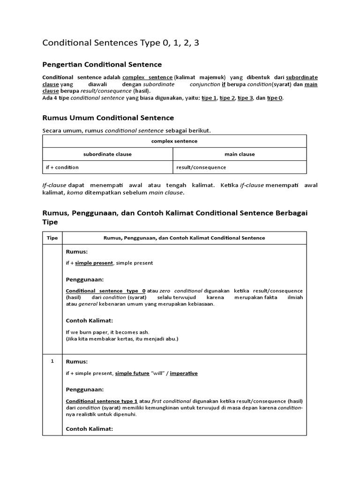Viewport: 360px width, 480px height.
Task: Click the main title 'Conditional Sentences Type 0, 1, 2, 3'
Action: click(124, 43)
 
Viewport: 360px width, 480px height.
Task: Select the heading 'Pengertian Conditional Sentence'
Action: click(102, 64)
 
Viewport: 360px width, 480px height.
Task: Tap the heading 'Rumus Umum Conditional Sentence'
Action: click(108, 118)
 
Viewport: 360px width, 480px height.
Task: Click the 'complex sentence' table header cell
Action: click(174, 141)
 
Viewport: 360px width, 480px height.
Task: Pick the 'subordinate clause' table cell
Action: click(107, 154)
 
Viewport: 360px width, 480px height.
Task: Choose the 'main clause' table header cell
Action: click(240, 154)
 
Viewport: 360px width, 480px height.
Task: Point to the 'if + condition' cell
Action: click(62, 167)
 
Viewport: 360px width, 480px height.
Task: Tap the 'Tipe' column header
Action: click(52, 238)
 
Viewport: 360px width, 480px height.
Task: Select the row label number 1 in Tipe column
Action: click(52, 361)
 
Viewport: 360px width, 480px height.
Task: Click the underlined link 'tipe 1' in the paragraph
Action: click(210, 98)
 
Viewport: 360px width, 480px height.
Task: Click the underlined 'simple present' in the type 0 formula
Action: click(94, 263)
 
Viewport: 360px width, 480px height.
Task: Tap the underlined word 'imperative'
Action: click(184, 373)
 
